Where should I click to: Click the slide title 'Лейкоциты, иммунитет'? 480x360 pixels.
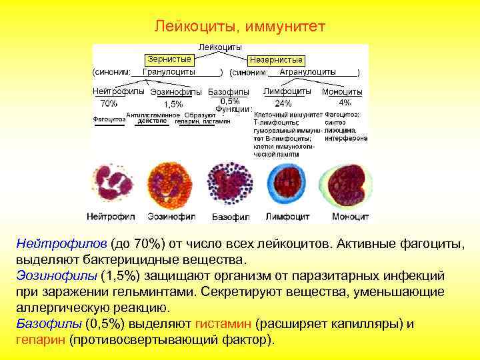coord(240,27)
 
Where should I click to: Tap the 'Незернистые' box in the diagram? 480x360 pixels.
coord(276,60)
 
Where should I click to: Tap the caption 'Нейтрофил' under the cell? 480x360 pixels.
coord(111,217)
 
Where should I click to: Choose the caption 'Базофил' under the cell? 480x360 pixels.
coord(230,217)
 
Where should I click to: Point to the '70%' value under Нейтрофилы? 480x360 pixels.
coord(109,103)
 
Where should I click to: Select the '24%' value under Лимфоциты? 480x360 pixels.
coord(283,103)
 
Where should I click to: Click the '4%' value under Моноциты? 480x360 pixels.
coord(345,103)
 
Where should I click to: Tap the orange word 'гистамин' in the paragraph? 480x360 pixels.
coord(223,324)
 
